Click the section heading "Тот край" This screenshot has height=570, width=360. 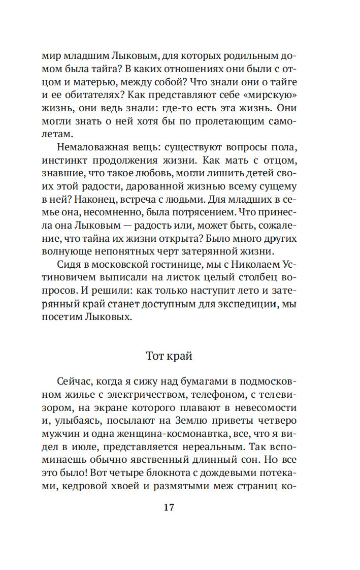[169, 355]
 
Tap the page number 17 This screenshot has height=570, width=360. [170, 507]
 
